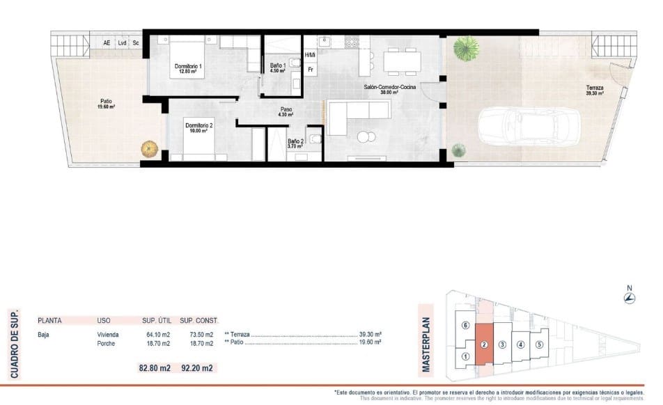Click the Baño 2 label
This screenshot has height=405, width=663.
(296, 143)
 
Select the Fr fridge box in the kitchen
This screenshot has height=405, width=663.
(310, 70)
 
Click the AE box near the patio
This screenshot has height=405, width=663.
(107, 43)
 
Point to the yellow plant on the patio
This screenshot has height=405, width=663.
(149, 149)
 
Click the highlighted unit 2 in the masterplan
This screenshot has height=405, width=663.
(483, 344)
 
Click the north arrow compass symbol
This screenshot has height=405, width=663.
(629, 298)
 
